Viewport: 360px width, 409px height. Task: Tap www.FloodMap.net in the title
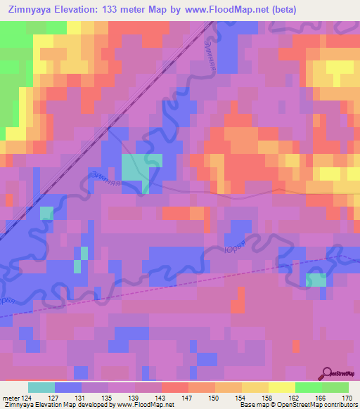230,10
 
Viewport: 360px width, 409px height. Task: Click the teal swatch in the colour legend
41,387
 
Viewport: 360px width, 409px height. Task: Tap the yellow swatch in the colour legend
281,387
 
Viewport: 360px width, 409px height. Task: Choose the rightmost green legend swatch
335,387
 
